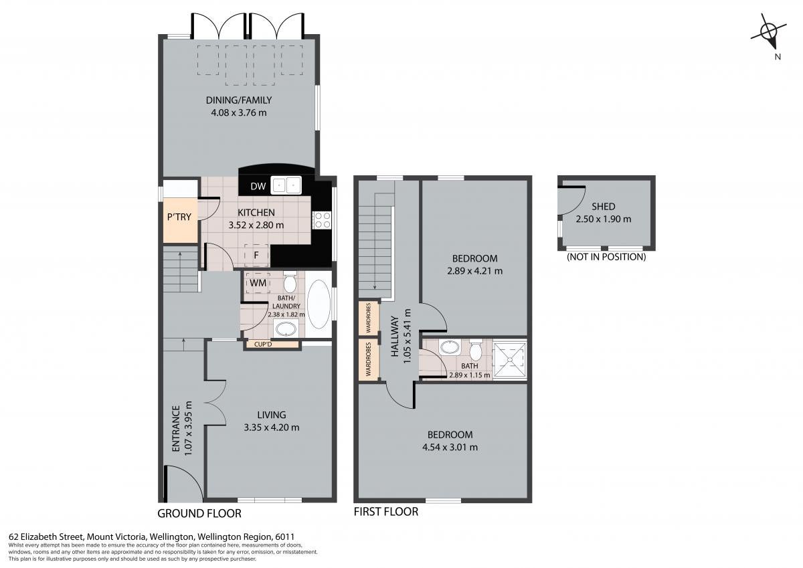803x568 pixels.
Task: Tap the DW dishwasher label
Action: (258, 186)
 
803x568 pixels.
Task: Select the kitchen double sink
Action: (286, 185)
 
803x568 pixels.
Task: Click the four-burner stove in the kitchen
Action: (322, 220)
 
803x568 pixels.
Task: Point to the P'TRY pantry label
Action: (179, 217)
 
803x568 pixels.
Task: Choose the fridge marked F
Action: (256, 255)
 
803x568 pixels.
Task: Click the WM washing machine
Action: (258, 283)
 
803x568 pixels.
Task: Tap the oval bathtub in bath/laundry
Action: (319, 304)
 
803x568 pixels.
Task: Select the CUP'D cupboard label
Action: (263, 345)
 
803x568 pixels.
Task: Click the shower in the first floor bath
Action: (510, 359)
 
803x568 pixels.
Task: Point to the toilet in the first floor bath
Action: (476, 350)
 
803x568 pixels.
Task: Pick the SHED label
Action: (604, 207)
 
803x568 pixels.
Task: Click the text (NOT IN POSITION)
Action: (606, 257)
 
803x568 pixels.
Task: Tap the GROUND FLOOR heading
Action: (199, 514)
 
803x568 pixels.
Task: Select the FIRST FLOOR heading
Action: (386, 512)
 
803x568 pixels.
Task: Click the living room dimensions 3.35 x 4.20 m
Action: (272, 428)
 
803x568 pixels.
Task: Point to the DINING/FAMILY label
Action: (239, 100)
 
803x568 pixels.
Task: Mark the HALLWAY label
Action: (395, 336)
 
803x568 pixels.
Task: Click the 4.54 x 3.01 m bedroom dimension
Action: (450, 447)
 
